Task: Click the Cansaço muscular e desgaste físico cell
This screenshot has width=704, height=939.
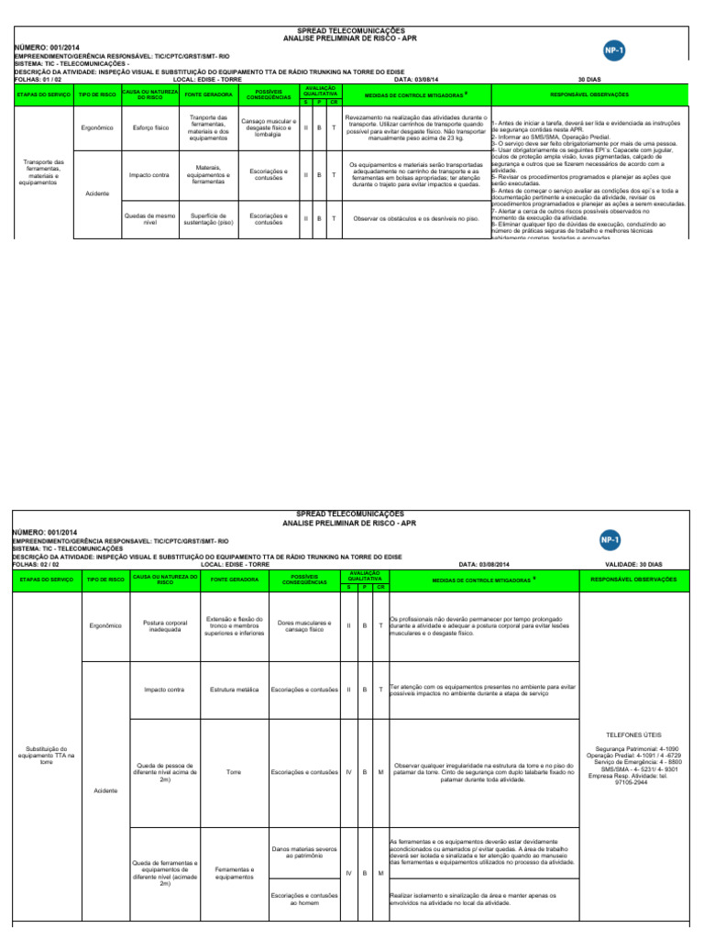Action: pyautogui.click(x=268, y=127)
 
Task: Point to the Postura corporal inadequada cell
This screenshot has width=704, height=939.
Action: pyautogui.click(x=164, y=625)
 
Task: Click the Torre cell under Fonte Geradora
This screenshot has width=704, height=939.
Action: pyautogui.click(x=232, y=771)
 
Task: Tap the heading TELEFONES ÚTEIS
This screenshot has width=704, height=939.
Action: pyautogui.click(x=632, y=735)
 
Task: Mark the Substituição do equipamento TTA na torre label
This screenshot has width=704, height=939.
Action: pyautogui.click(x=41, y=755)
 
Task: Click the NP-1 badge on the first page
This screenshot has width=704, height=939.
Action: pyautogui.click(x=614, y=50)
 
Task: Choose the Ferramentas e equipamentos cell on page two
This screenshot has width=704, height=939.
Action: pyautogui.click(x=234, y=873)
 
